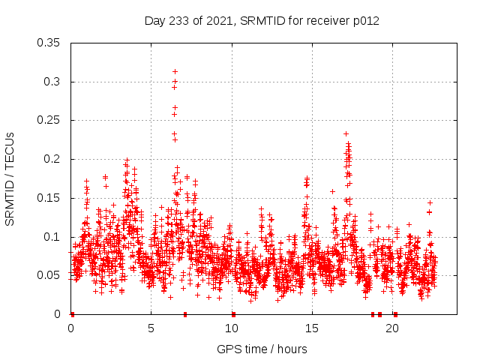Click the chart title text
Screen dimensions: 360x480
262,21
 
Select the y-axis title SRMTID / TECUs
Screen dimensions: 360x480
10,178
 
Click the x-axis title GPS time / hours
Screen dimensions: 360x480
262,349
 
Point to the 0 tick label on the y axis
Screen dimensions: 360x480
58,314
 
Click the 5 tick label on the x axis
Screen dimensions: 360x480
151,328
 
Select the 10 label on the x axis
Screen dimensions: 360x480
232,328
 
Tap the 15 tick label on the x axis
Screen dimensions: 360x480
312,328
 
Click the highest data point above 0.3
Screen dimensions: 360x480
175,72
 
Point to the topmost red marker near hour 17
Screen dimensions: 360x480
346,133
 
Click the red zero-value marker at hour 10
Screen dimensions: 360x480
233,314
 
